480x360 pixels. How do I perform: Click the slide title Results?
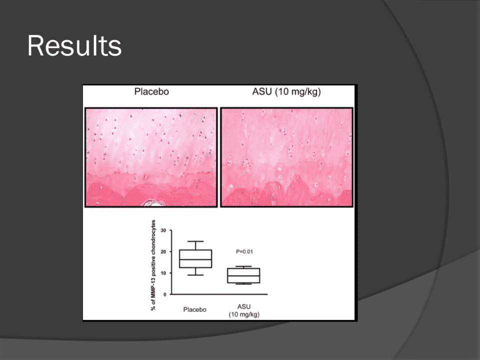click(x=74, y=46)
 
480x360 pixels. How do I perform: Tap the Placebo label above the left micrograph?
click(x=151, y=91)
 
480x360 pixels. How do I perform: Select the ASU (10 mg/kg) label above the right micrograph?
click(x=286, y=92)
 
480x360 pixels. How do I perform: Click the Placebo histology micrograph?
click(x=151, y=157)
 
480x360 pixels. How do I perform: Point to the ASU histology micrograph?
click(x=287, y=157)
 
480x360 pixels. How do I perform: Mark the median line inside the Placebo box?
click(x=195, y=259)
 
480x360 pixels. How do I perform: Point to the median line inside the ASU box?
click(x=243, y=275)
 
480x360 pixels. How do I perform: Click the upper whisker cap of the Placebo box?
click(x=195, y=241)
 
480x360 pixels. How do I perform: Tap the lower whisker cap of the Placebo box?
click(x=195, y=275)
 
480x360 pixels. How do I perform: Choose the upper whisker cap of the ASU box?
click(x=243, y=266)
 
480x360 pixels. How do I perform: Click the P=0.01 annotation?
click(x=244, y=251)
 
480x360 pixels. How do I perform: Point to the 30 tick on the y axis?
click(x=163, y=230)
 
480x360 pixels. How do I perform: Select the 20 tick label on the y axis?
click(x=163, y=251)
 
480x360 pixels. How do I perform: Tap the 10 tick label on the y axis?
click(x=163, y=273)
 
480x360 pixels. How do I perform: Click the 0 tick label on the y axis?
click(x=164, y=294)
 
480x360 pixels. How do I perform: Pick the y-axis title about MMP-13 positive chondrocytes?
click(x=153, y=265)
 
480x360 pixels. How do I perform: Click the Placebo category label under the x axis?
click(x=194, y=309)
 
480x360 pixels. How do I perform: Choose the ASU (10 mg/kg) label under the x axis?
click(x=244, y=310)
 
